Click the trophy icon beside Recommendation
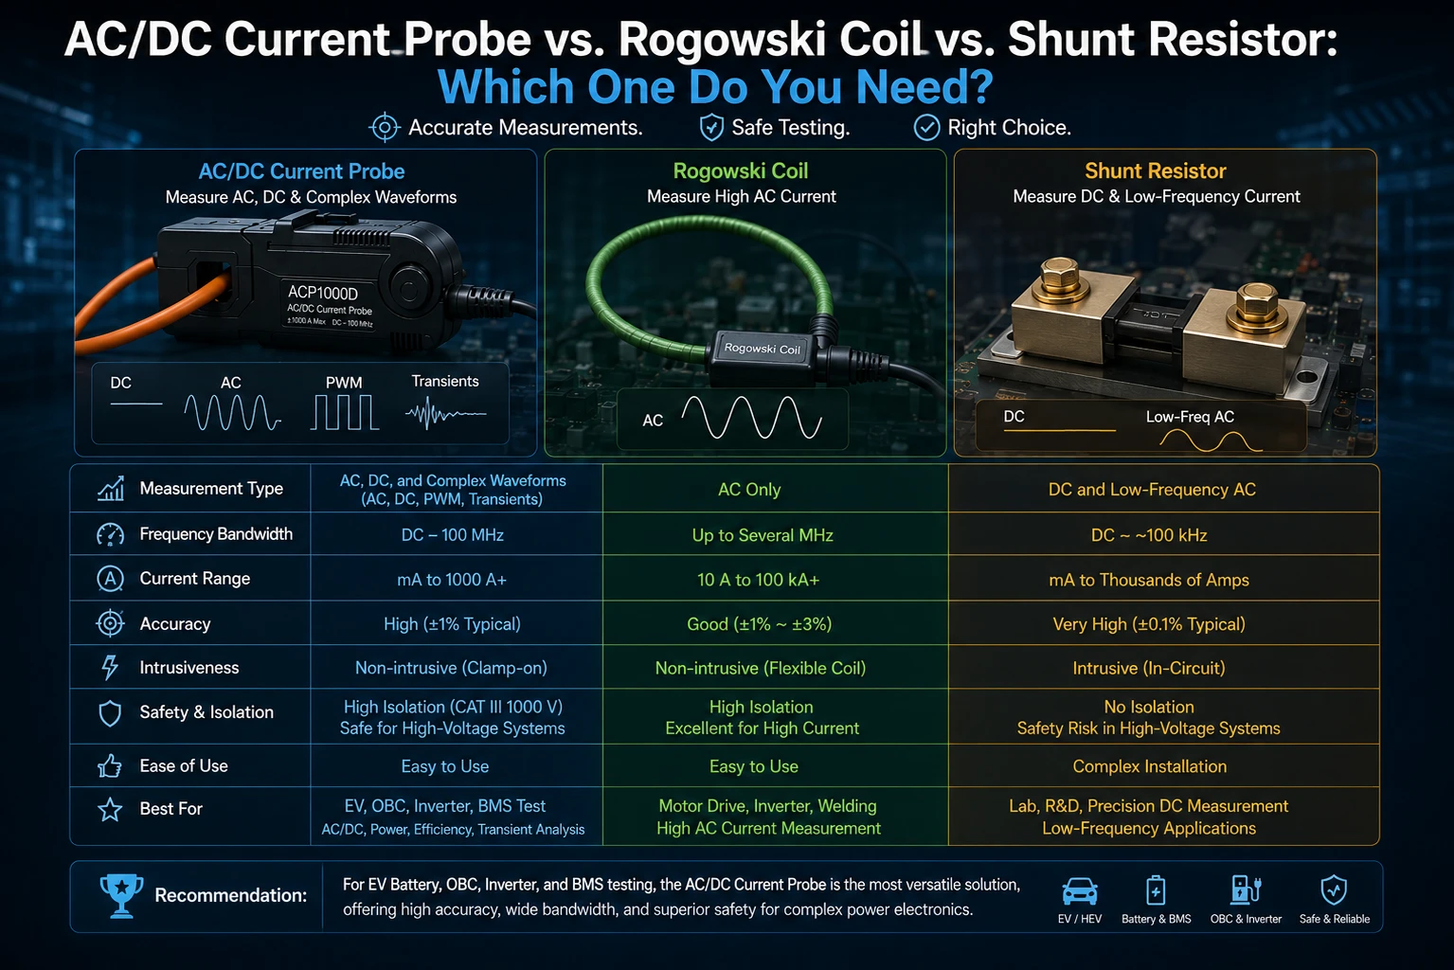[x=121, y=895]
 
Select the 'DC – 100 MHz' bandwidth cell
[x=453, y=535]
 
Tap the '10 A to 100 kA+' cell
[x=758, y=580]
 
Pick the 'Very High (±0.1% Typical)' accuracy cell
[x=1149, y=624]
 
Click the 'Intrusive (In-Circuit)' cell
[x=1149, y=668]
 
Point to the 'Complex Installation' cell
[x=1150, y=766]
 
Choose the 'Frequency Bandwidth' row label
[x=216, y=533]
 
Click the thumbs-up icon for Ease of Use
[x=110, y=766]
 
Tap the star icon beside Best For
[x=110, y=810]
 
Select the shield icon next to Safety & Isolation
[x=110, y=713]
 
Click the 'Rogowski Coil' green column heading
[x=741, y=171]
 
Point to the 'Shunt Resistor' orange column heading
[x=1156, y=171]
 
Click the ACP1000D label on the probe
[x=323, y=293]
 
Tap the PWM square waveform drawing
[x=344, y=413]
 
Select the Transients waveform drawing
[x=446, y=413]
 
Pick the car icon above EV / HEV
[x=1080, y=891]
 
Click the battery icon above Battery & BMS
[x=1156, y=890]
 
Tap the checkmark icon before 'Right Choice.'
[x=926, y=128]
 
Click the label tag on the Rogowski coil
[x=763, y=350]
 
